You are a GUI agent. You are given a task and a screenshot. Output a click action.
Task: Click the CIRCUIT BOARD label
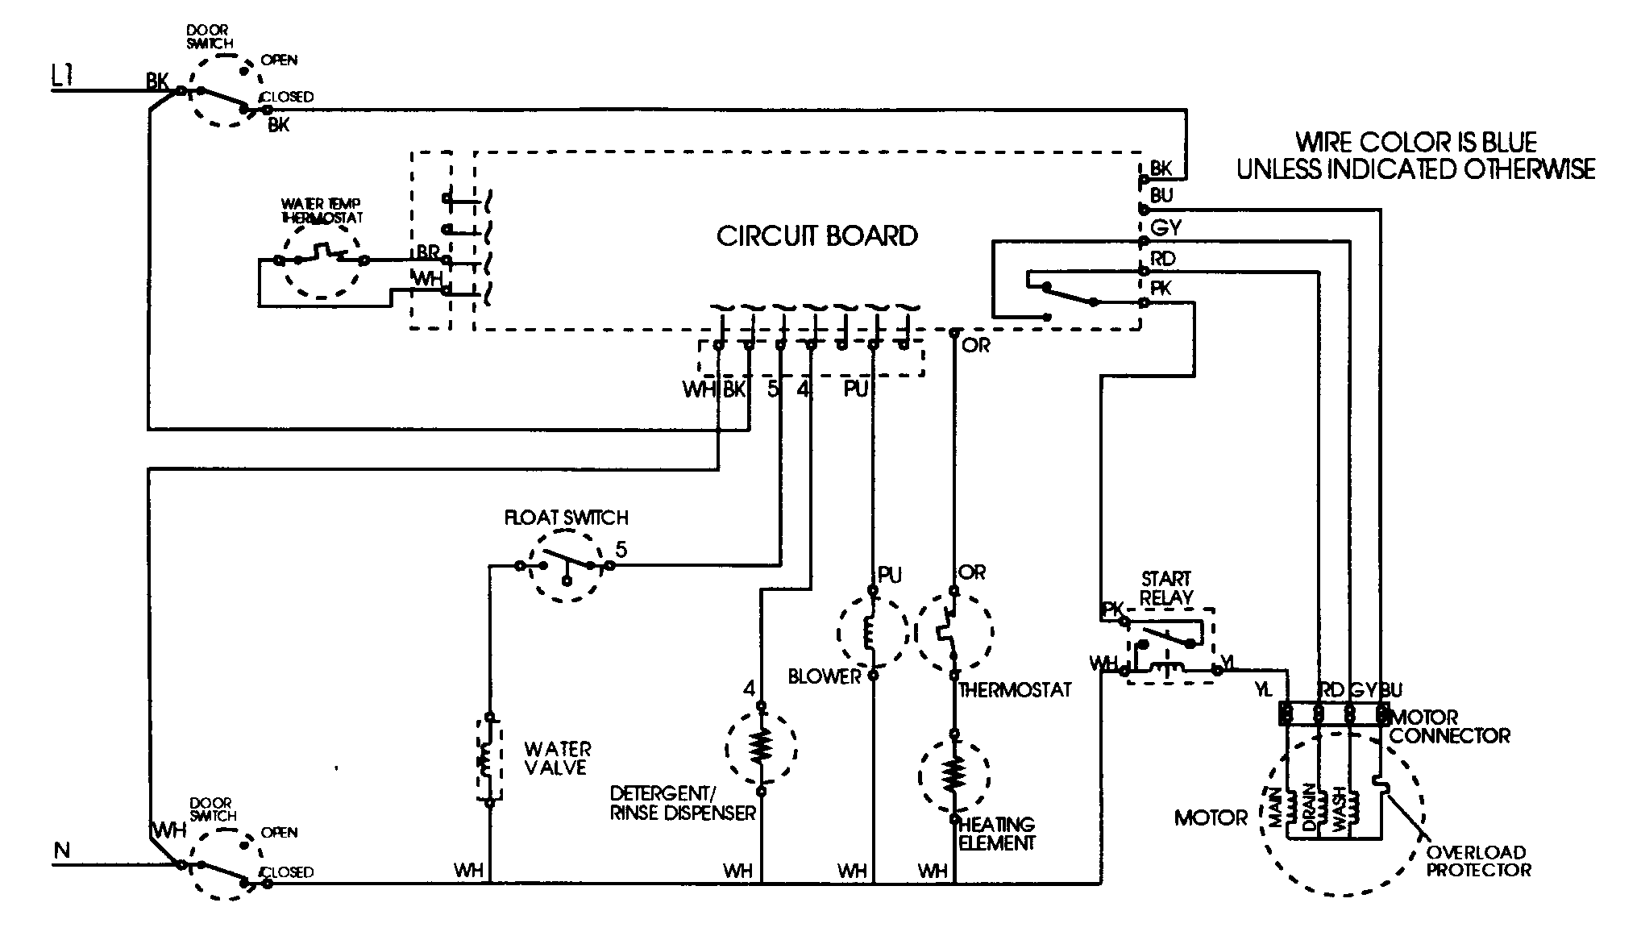tap(816, 236)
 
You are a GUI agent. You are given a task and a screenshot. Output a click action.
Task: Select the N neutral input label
tap(61, 849)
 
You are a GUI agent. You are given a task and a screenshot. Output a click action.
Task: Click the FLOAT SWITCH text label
tap(566, 518)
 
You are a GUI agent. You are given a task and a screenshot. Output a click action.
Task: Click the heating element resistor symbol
tap(953, 775)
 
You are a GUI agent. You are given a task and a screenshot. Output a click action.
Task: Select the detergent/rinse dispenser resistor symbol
tap(760, 747)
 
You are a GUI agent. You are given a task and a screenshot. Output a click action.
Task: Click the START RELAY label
tap(1166, 589)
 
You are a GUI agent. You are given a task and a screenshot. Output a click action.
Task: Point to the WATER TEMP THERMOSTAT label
tap(322, 210)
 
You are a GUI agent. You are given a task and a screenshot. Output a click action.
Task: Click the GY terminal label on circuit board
tap(1165, 228)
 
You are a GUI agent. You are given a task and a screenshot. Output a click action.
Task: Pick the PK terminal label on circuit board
tap(1161, 288)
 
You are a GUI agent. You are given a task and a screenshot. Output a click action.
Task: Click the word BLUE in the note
tap(1505, 143)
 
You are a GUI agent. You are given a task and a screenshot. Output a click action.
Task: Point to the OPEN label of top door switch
tap(279, 60)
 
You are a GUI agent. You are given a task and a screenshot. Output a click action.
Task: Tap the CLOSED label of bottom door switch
tap(288, 872)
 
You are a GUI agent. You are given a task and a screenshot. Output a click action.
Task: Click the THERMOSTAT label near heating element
tap(1015, 690)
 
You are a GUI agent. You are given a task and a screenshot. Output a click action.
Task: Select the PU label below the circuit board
tap(855, 389)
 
